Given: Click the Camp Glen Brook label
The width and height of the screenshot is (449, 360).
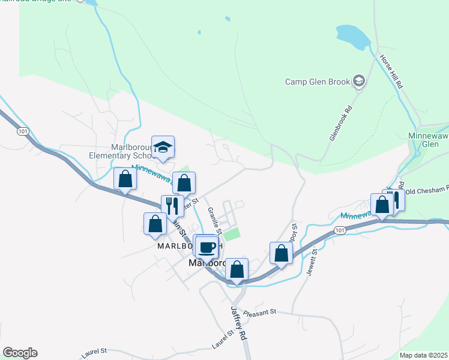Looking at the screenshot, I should pyautogui.click(x=317, y=82).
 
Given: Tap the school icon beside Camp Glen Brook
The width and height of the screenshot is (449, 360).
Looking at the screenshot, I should pyautogui.click(x=359, y=81).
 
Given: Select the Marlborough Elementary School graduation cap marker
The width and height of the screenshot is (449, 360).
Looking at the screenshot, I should pyautogui.click(x=163, y=148).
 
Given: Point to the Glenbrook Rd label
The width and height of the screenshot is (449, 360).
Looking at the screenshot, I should pyautogui.click(x=340, y=124).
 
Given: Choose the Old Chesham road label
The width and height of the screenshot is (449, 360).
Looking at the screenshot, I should pyautogui.click(x=427, y=190).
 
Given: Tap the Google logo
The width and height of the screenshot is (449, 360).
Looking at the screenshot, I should pyautogui.click(x=20, y=353).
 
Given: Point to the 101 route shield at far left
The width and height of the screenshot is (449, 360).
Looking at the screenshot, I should pyautogui.click(x=23, y=131).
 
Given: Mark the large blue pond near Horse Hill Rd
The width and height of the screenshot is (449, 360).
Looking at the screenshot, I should pyautogui.click(x=354, y=37).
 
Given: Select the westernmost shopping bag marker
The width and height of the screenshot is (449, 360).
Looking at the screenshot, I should pyautogui.click(x=125, y=180).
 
